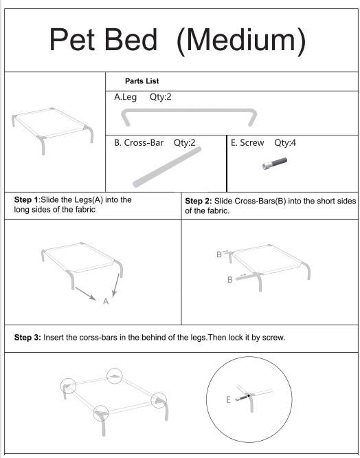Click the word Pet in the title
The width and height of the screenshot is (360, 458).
(71, 39)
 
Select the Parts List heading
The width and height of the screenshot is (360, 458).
(142, 81)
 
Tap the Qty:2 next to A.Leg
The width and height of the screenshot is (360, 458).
(161, 97)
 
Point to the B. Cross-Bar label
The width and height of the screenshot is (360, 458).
(139, 142)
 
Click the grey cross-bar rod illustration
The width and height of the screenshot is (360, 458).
(167, 167)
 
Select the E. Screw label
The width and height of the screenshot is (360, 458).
(247, 142)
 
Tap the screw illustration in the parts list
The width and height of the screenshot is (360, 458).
(275, 164)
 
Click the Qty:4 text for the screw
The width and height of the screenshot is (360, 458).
(285, 142)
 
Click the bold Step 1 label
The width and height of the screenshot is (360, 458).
(26, 200)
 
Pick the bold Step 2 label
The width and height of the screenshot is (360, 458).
(199, 201)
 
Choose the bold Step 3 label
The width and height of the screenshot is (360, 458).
(27, 338)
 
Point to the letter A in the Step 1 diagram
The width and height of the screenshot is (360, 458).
(106, 301)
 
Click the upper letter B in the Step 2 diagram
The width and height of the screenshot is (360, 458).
(218, 254)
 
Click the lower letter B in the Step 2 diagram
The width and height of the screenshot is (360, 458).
(230, 279)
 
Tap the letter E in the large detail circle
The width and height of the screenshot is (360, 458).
(228, 400)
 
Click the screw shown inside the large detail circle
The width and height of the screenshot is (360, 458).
(242, 398)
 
